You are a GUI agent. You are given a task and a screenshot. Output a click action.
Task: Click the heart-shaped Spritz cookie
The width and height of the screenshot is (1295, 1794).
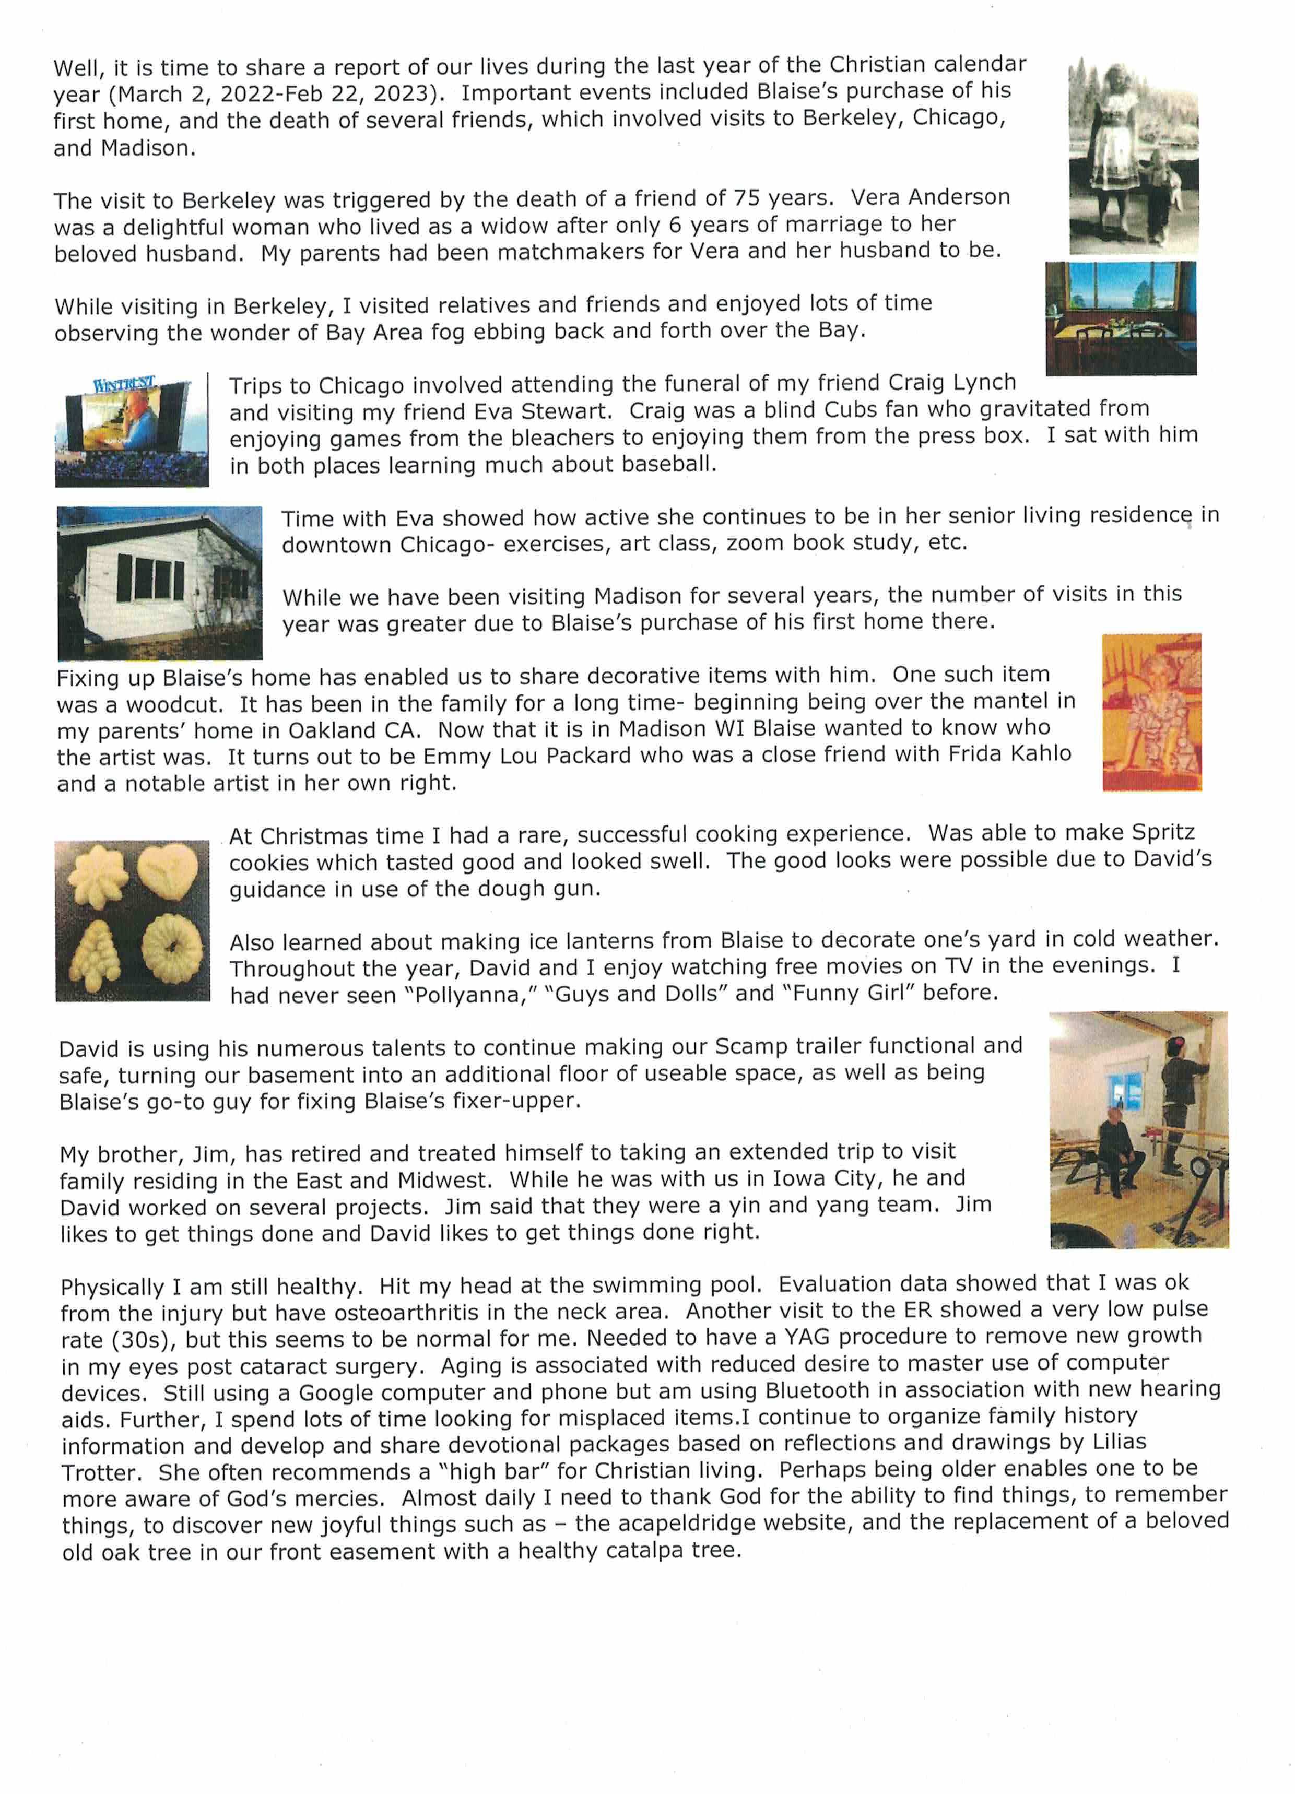click(168, 872)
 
